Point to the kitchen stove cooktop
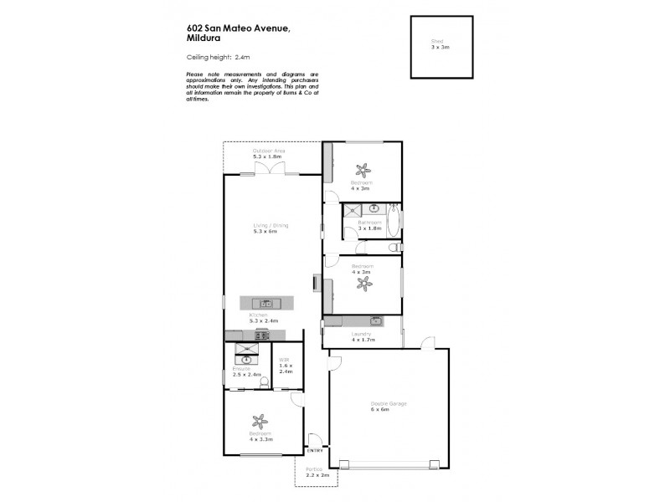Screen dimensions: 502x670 [x=262, y=336]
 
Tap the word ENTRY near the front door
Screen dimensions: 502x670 [x=315, y=451]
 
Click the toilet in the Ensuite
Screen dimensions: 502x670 [x=265, y=383]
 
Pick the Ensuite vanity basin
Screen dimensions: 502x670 [x=246, y=360]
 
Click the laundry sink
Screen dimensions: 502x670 [x=375, y=320]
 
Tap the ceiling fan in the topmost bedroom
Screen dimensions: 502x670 [x=363, y=166]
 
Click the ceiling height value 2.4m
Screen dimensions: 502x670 [x=243, y=57]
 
